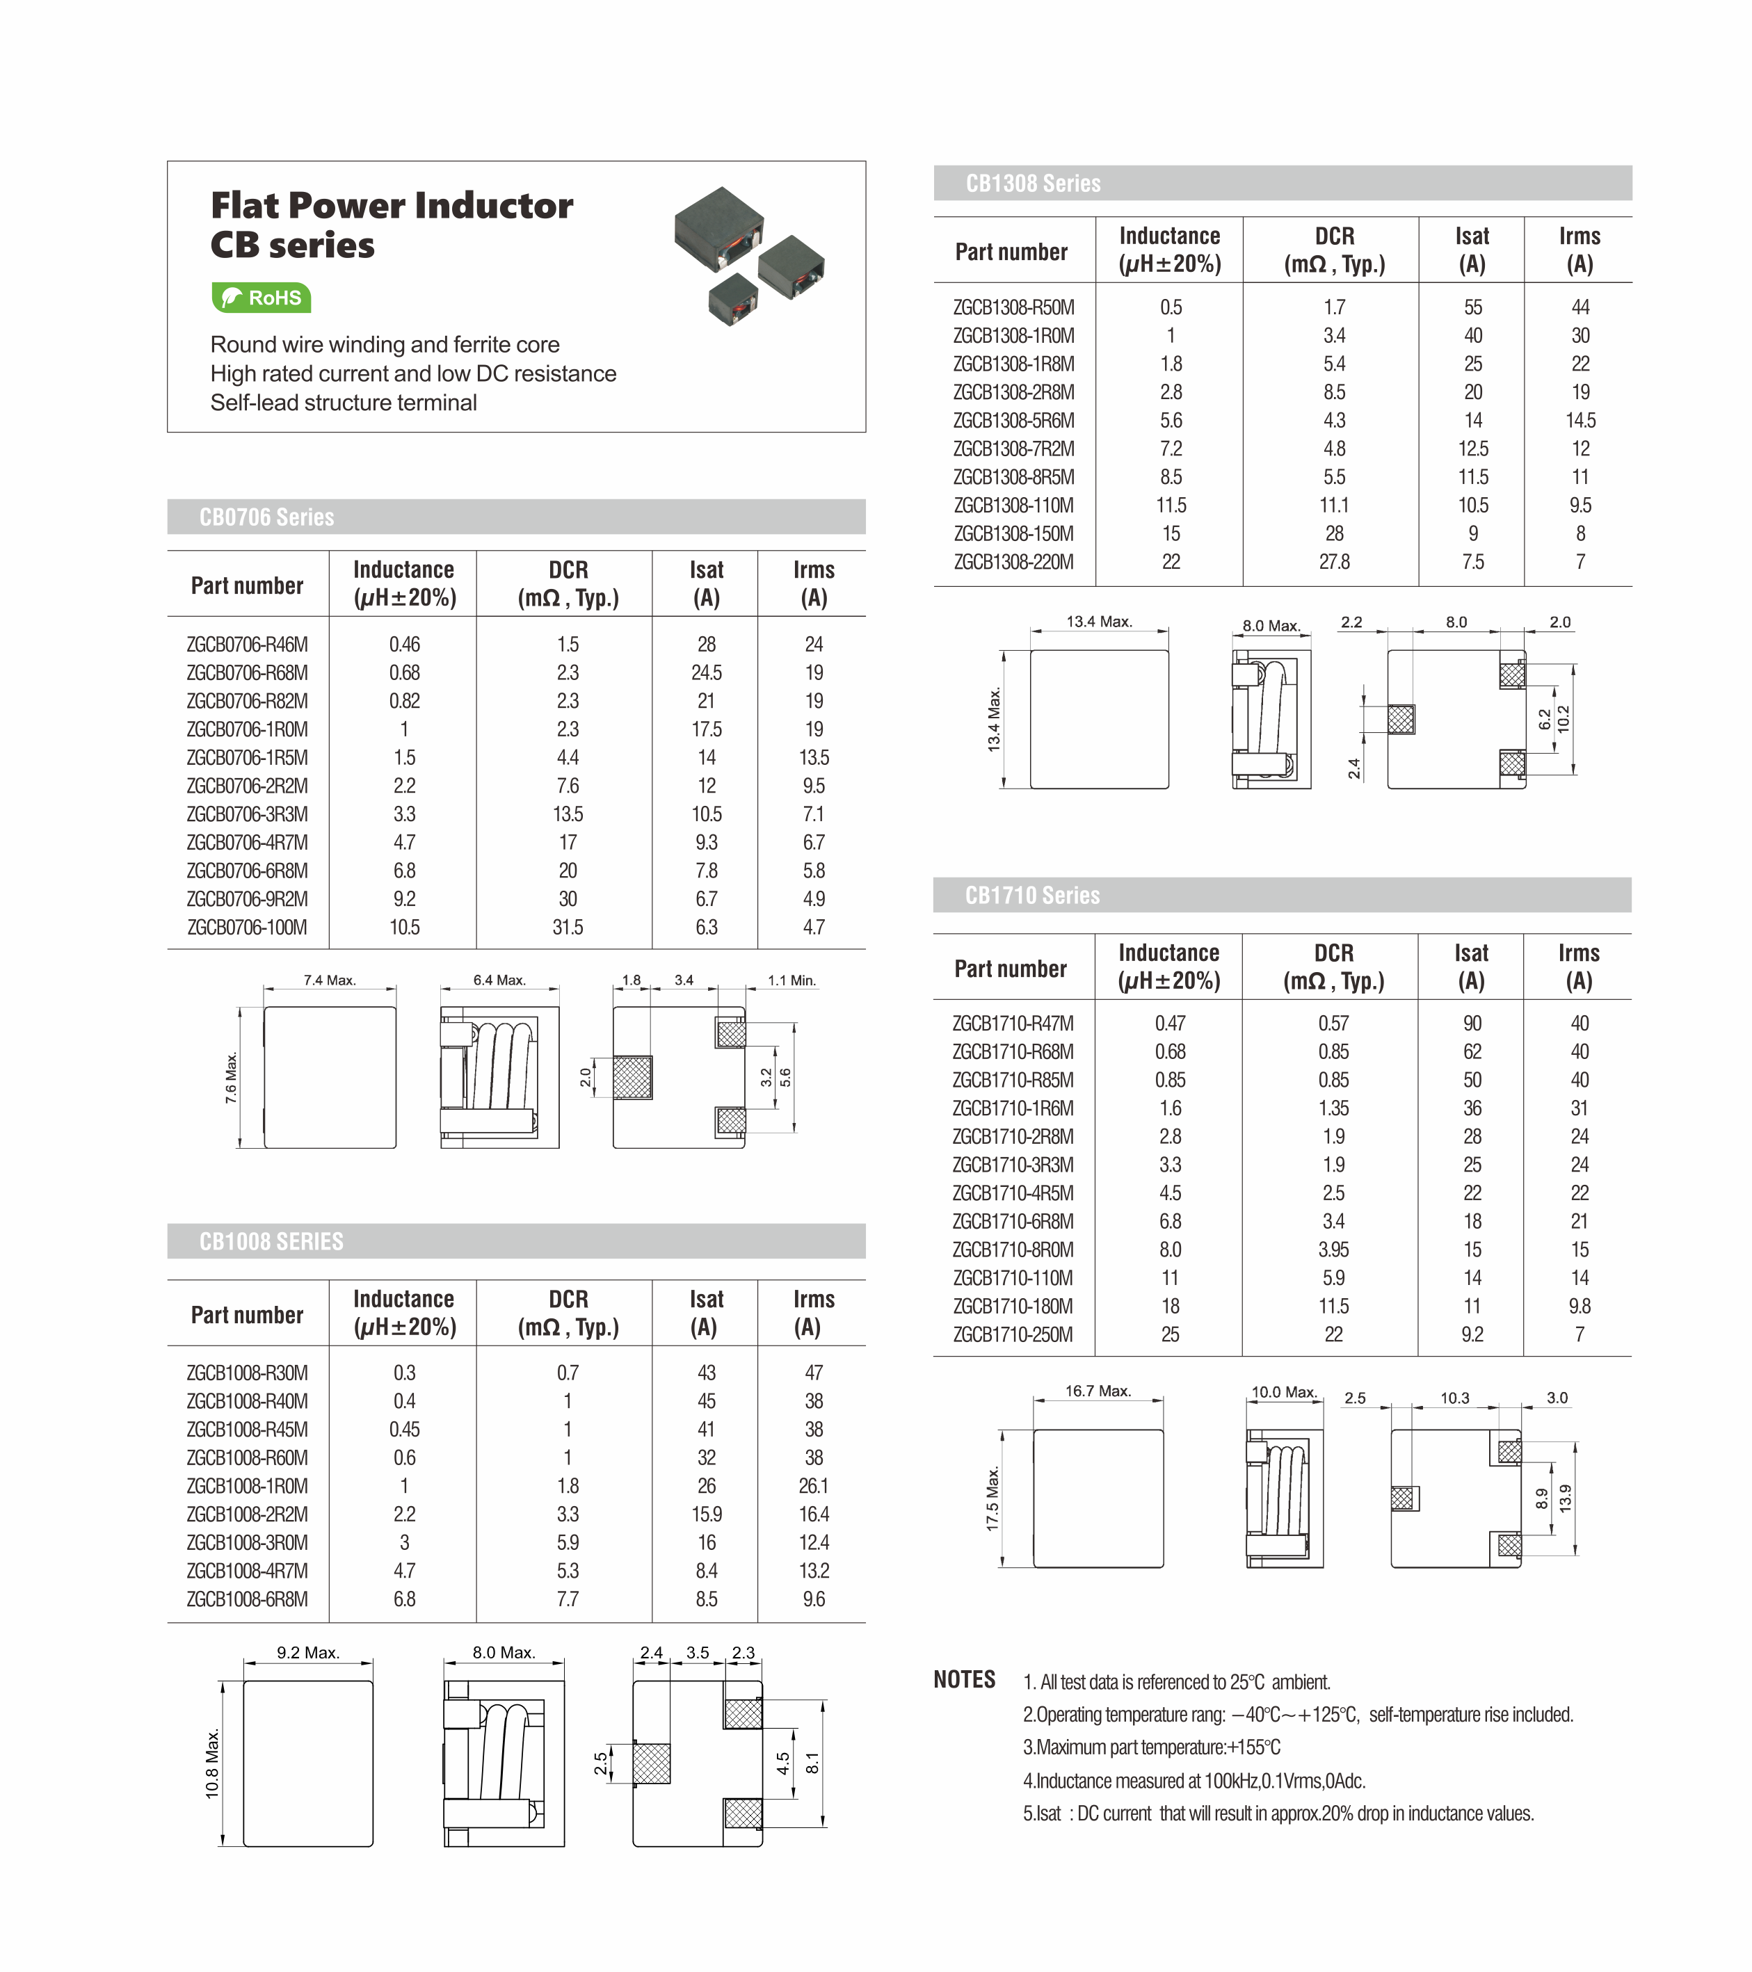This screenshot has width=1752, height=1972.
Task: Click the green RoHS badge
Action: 261,297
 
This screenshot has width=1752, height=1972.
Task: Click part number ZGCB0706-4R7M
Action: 247,842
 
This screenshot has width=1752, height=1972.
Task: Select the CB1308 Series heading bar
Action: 1282,184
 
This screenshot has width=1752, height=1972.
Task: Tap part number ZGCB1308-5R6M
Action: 1013,421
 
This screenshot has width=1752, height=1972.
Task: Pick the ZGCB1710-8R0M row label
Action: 1012,1250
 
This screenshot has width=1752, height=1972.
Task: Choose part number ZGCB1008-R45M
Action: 247,1429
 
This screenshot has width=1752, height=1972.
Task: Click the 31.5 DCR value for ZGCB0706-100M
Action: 568,927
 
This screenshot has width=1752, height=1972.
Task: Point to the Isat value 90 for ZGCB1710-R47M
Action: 1472,1024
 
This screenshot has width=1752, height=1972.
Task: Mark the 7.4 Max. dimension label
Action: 329,980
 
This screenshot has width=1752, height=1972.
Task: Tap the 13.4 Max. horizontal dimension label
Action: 1099,622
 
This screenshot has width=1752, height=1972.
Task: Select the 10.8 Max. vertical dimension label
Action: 212,1763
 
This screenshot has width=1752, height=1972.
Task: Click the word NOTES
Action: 964,1680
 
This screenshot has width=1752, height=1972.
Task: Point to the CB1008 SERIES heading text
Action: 271,1242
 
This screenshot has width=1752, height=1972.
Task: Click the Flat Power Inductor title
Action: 392,206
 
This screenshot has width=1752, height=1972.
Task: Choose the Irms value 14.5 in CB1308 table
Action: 1580,421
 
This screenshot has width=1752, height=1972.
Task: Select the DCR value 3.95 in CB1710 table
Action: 1333,1250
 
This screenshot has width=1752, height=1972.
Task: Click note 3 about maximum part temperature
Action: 1151,1747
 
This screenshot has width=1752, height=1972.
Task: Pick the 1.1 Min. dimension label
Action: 791,980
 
